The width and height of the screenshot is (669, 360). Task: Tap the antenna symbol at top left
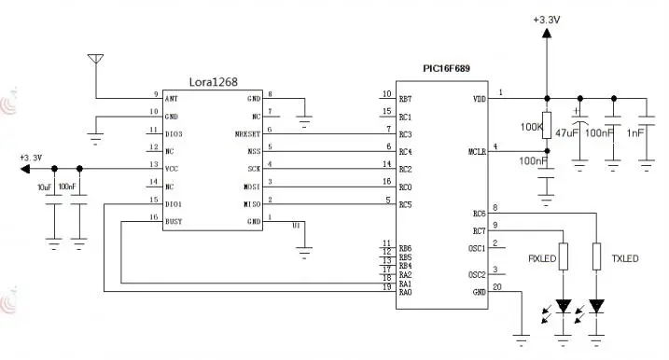pyautogui.click(x=93, y=60)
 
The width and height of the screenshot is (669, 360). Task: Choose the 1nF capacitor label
pyautogui.click(x=638, y=134)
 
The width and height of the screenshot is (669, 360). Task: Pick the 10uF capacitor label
pyautogui.click(x=44, y=187)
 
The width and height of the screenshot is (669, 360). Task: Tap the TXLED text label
pyautogui.click(x=624, y=258)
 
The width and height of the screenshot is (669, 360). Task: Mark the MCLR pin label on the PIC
pyautogui.click(x=476, y=151)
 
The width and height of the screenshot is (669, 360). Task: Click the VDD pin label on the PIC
pyautogui.click(x=479, y=98)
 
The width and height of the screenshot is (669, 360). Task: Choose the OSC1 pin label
pyautogui.click(x=477, y=248)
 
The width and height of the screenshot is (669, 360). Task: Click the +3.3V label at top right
pyautogui.click(x=546, y=19)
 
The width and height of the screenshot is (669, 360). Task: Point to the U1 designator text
pyautogui.click(x=296, y=225)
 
